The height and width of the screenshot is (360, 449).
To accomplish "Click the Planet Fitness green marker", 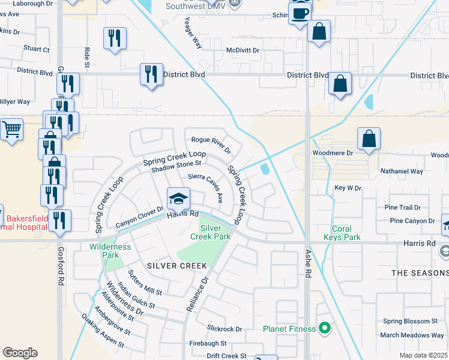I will (325, 328).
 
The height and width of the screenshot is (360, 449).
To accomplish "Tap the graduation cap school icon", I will (178, 197).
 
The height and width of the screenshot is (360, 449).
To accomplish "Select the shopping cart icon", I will (11, 129).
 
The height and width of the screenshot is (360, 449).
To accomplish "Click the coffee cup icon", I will (300, 12).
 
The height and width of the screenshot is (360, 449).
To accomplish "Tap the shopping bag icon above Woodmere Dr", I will (369, 139).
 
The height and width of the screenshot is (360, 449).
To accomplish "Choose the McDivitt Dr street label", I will (243, 51).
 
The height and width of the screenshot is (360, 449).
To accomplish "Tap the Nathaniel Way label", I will (402, 171).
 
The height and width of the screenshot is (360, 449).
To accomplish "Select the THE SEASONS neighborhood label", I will (420, 272).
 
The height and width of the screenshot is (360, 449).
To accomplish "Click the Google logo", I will (20, 353).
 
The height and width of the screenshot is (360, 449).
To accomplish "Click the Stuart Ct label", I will (37, 49).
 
